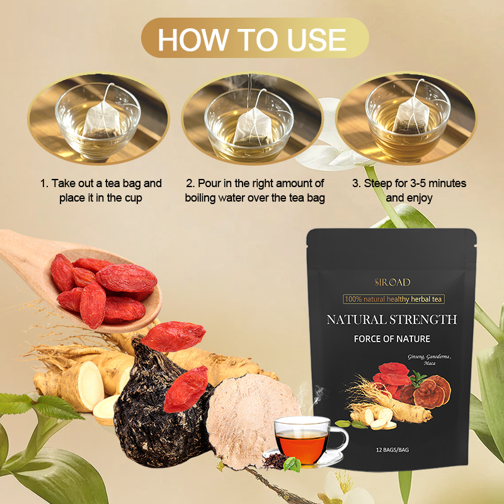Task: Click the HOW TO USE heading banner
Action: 252,38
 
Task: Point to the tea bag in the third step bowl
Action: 410,117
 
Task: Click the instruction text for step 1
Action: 101,190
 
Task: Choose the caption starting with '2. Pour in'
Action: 255,190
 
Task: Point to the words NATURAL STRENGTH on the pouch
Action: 391,319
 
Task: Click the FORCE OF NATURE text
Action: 391,339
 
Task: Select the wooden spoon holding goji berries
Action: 69,277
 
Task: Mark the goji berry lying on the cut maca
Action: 186,389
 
